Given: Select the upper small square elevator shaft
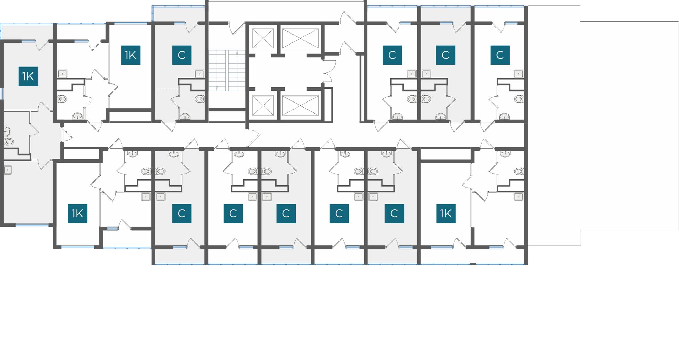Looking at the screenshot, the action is point(263,38).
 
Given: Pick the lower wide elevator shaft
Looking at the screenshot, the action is point(300,105).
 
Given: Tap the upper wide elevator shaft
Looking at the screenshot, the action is point(300,38).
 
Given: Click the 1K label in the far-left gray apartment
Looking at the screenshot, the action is point(28,76).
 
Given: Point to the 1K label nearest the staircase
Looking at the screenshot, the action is point(130,55).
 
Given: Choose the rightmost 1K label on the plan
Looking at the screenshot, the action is point(446,213).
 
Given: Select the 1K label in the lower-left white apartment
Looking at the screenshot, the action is point(77,213).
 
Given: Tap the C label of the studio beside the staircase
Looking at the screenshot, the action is point(182,55).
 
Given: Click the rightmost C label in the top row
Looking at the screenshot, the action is point(500,55).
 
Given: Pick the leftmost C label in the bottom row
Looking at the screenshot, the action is point(182,213).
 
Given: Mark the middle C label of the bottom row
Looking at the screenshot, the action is point(286,213).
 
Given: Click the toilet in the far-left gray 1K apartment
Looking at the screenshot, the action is point(9,142).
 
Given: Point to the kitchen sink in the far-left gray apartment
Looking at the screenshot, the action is point(8,170).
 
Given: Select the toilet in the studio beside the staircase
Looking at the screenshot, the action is point(199,99).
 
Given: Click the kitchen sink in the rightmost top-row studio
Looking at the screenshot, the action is point(519,74).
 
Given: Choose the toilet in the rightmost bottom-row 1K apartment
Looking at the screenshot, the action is point(519,172).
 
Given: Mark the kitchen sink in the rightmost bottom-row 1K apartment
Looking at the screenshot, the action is point(519,197).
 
